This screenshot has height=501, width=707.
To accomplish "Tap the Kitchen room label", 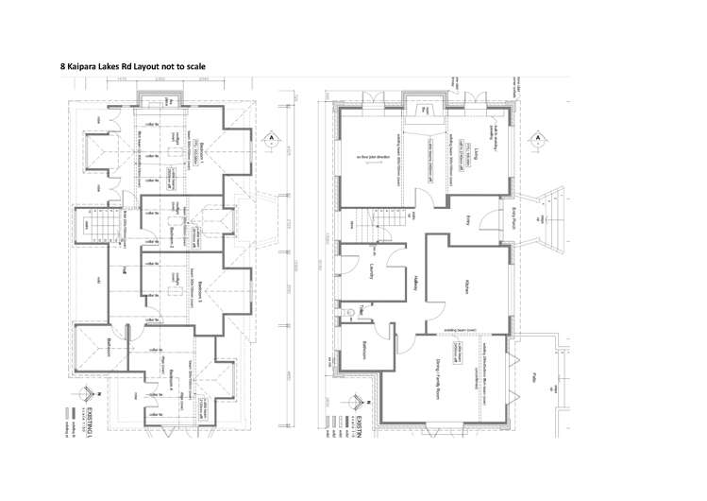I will click(x=466, y=286).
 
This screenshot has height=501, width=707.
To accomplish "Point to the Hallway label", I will click(x=415, y=284).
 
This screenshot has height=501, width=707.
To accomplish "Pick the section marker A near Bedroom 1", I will click(x=269, y=138).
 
